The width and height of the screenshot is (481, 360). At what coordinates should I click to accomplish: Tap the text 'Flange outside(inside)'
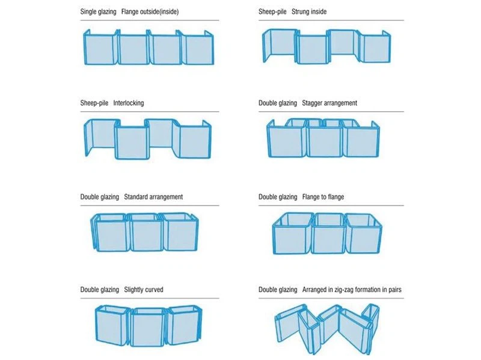tap(150, 11)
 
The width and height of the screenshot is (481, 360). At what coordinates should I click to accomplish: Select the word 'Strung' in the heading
tap(300, 11)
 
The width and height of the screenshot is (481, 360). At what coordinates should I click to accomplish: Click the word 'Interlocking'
tap(129, 103)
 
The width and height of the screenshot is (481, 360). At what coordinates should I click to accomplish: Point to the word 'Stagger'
tap(312, 103)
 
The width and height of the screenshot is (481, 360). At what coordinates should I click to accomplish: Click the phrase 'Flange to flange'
tap(323, 197)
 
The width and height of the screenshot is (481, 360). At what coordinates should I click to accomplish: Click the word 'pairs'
tap(395, 290)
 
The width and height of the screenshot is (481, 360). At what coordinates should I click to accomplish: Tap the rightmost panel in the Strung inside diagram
tap(375, 47)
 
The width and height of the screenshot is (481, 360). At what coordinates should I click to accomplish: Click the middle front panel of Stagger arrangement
tap(324, 141)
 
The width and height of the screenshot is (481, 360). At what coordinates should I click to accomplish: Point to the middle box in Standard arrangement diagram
tap(146, 233)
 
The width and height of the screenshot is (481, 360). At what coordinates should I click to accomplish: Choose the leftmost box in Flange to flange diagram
tap(292, 234)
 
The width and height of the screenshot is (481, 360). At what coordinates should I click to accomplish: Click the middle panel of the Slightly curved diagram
tap(149, 327)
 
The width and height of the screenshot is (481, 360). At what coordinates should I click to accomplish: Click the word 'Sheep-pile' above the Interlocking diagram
tap(94, 103)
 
